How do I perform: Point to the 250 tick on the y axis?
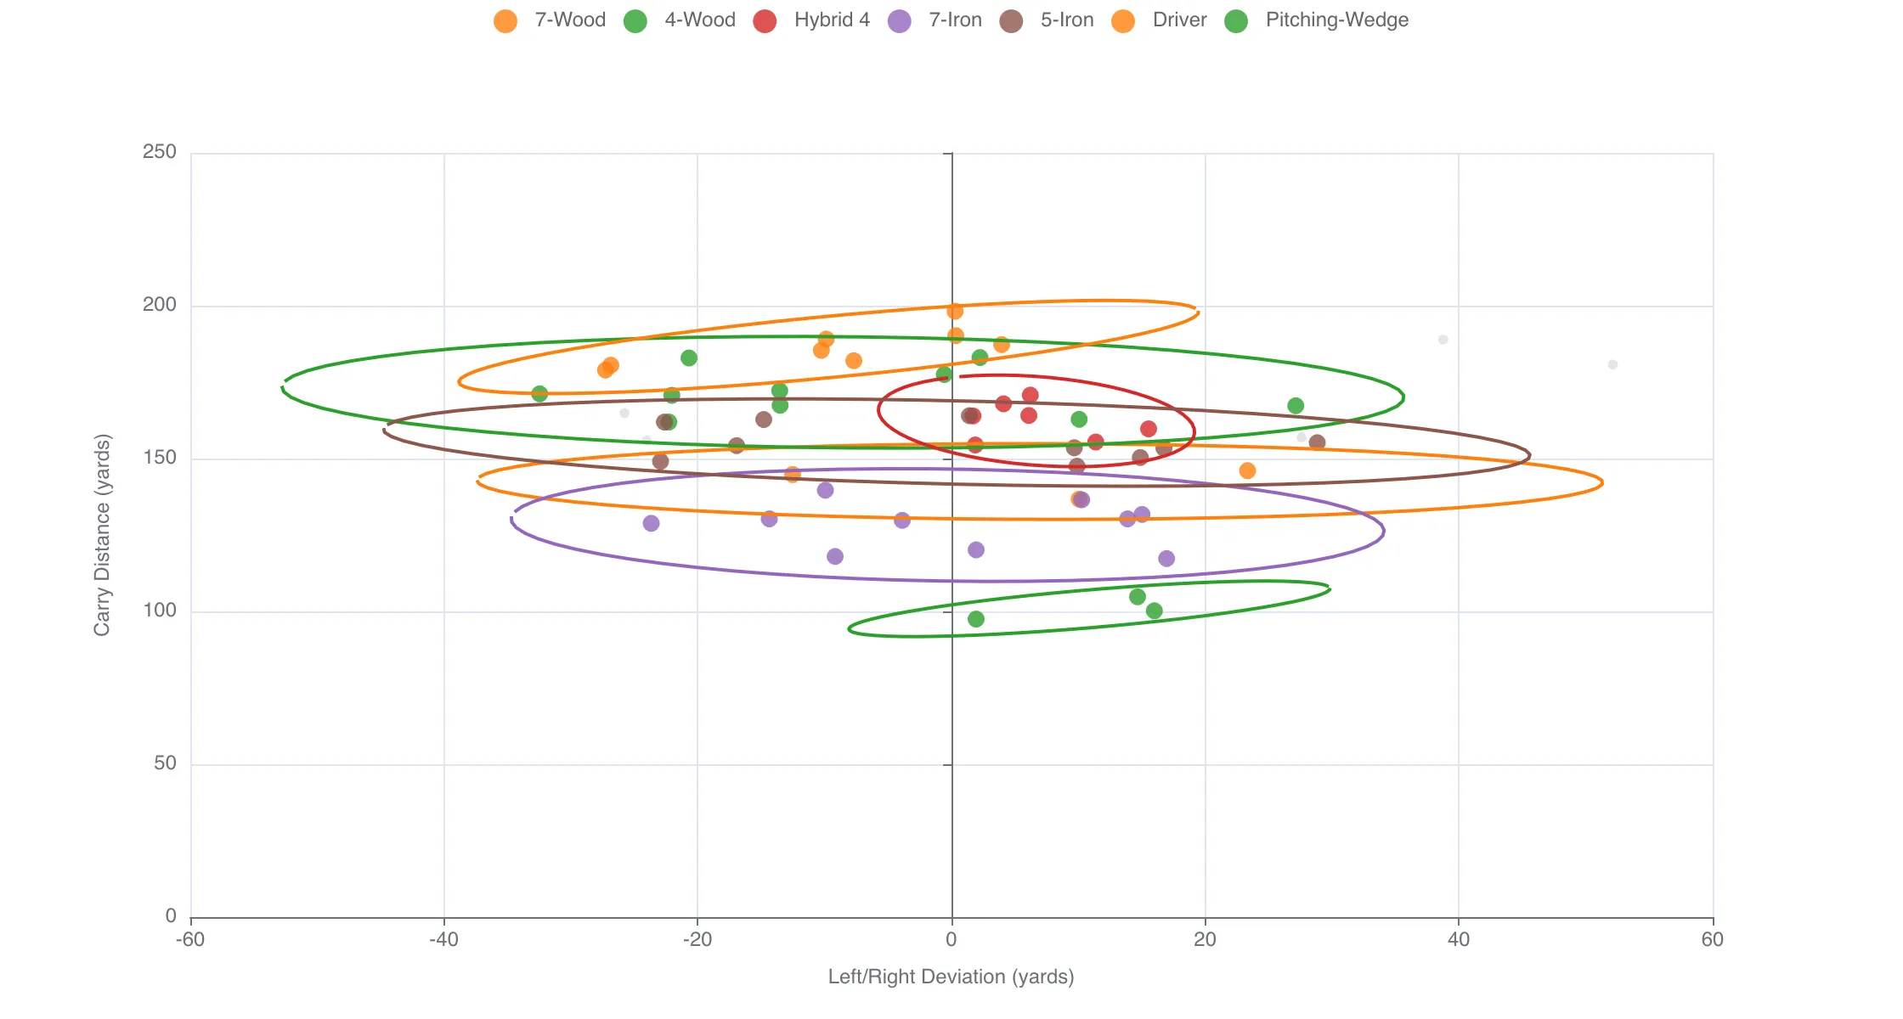[160, 153]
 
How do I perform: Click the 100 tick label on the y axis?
[160, 611]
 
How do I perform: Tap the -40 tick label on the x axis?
[443, 940]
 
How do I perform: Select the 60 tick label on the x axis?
[1713, 940]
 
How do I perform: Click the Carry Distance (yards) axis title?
[102, 535]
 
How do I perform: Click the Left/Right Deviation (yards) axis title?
[951, 977]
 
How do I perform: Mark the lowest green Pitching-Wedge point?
[976, 619]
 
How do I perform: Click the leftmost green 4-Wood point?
[539, 394]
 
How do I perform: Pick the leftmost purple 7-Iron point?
[651, 523]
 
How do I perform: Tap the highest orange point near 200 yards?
[955, 312]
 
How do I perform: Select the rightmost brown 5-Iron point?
[1317, 442]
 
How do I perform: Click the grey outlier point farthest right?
[1612, 365]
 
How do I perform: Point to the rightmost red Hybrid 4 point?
[1149, 429]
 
